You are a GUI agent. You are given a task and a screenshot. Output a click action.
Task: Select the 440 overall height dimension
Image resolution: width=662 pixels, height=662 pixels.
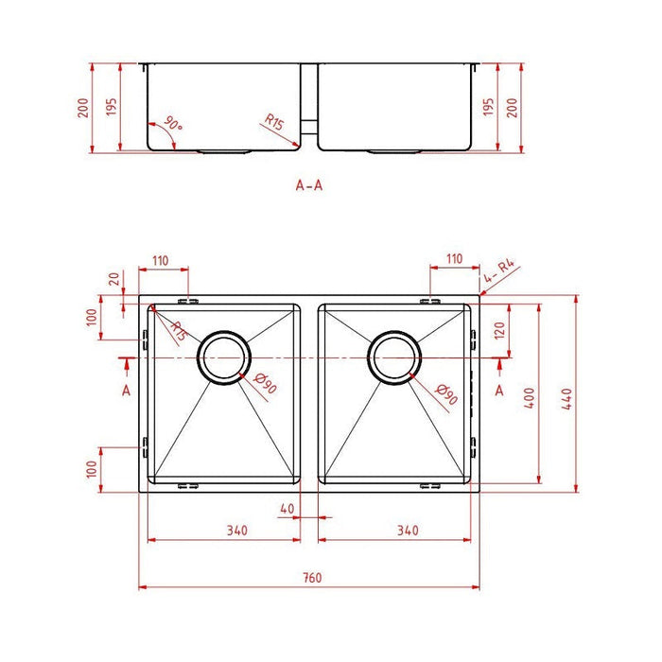pos(566,398)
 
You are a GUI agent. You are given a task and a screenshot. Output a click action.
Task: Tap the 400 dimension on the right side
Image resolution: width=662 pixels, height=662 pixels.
pos(531,398)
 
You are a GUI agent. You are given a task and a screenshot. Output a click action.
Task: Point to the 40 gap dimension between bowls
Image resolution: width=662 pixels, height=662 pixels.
pos(288,508)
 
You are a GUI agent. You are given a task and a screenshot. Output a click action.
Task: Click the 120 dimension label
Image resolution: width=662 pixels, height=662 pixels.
pos(497,331)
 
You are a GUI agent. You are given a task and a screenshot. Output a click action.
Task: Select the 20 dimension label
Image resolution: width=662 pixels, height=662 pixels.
pos(114,280)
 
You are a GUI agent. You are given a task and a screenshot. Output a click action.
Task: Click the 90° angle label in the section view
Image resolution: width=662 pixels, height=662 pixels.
pos(173,124)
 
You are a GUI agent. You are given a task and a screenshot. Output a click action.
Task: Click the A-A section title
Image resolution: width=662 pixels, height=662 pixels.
pos(309,184)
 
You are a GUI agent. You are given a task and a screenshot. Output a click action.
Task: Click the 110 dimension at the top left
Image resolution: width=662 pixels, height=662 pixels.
pos(158,258)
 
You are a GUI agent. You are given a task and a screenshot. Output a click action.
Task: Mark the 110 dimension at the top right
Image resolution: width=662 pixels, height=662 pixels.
pos(454,258)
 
